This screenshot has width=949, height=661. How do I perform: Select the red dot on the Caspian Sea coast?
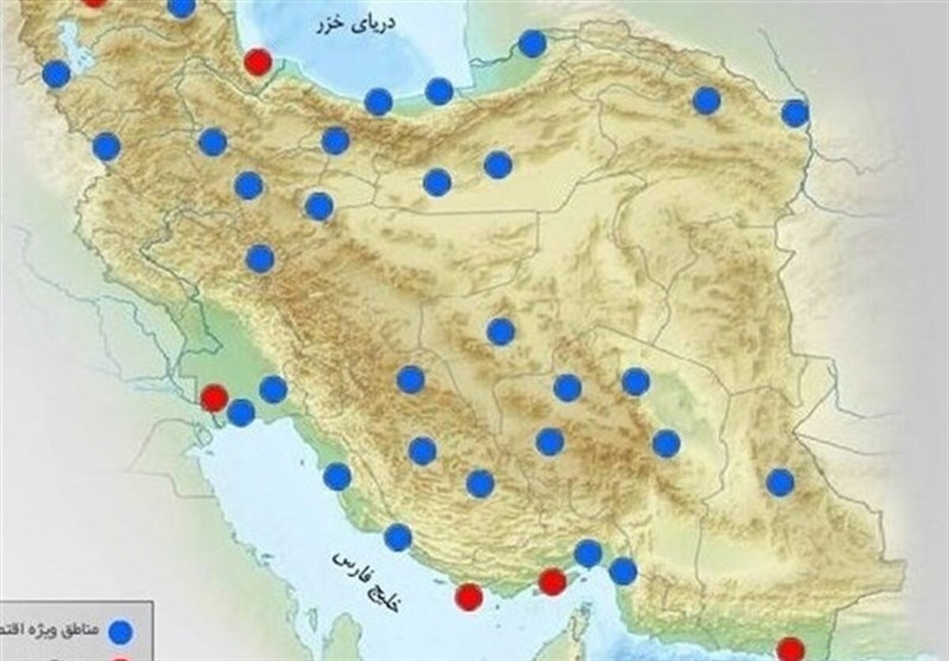click(x=257, y=61)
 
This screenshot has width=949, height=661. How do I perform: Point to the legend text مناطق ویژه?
click(x=48, y=630)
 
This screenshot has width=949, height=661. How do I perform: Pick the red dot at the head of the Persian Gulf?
click(x=214, y=398)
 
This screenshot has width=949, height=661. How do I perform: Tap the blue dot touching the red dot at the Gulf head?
click(x=241, y=412)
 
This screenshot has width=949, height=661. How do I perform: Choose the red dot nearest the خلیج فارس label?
click(x=470, y=597)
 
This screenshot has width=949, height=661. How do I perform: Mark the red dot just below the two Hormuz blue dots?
click(x=552, y=583)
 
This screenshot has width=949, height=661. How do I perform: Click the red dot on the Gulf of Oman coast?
click(x=790, y=649)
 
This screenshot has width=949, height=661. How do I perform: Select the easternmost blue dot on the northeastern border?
click(x=795, y=113)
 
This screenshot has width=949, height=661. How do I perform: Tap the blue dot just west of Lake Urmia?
click(x=55, y=74)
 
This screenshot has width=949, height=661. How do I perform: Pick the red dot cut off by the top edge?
click(x=94, y=2)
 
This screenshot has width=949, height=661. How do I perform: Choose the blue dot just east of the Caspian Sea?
click(x=532, y=43)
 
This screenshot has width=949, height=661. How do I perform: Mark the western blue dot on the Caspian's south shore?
click(x=379, y=101)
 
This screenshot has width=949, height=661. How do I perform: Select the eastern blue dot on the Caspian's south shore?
click(x=439, y=91)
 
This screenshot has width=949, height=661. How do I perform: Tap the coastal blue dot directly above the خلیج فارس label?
click(x=398, y=538)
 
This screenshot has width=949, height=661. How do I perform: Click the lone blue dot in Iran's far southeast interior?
click(x=780, y=482)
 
